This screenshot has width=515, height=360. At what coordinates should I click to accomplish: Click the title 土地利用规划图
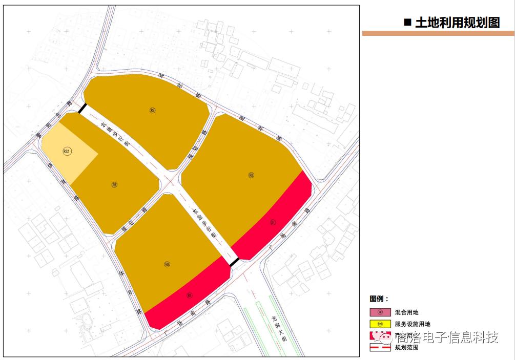click(457, 23)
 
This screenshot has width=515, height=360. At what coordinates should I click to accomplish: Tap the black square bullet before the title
click(408, 22)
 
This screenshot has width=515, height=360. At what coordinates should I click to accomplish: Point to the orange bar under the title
click(438, 33)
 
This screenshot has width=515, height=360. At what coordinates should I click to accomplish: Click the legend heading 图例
click(379, 299)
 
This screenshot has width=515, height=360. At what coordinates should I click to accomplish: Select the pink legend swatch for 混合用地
click(380, 312)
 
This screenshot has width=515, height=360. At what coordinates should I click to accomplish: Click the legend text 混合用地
click(407, 312)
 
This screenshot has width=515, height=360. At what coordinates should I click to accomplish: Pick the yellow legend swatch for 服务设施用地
click(380, 324)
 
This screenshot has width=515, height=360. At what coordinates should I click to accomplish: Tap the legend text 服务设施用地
click(413, 324)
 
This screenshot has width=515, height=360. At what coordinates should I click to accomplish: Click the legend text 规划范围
click(407, 347)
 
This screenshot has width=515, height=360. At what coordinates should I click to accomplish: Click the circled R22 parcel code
click(66, 151)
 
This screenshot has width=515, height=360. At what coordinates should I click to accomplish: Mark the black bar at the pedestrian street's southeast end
click(234, 263)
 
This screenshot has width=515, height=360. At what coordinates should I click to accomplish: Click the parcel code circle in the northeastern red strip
click(273, 222)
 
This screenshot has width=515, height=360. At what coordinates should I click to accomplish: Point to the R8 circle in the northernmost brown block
click(152, 110)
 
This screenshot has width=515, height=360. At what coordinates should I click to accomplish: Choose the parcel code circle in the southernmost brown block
click(167, 264)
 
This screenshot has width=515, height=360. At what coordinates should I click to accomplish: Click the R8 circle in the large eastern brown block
click(251, 175)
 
